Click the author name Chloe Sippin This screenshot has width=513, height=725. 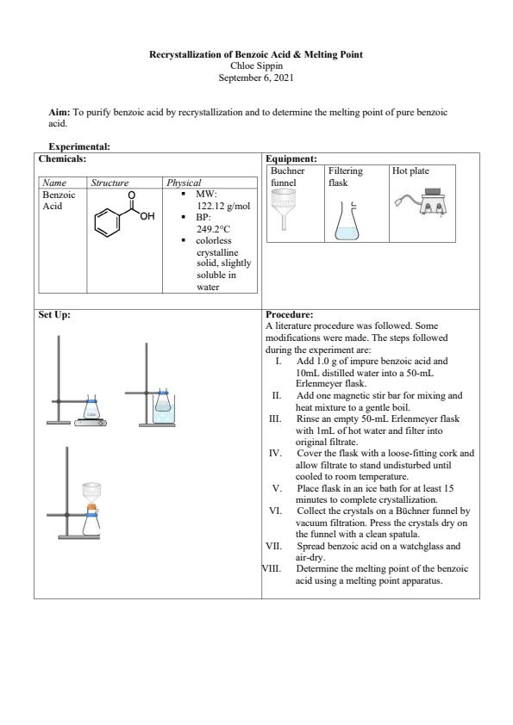click(256, 65)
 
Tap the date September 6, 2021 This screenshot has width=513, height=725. click(256, 77)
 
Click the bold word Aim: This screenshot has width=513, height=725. click(59, 112)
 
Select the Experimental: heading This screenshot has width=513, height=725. click(79, 146)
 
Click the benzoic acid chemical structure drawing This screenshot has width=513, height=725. click(124, 214)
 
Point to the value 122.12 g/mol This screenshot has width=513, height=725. click(223, 206)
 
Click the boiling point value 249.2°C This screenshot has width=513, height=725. click(213, 229)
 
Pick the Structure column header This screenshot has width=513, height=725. click(109, 183)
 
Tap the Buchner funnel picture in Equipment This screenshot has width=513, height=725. click(283, 209)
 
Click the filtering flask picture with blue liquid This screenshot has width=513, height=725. click(347, 221)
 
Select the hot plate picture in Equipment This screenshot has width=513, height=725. click(422, 201)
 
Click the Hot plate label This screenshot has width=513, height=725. click(410, 170)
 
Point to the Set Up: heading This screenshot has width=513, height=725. click(54, 314)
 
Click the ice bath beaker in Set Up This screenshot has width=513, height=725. click(164, 411)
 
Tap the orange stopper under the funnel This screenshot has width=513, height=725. click(91, 508)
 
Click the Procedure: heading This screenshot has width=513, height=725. click(290, 314)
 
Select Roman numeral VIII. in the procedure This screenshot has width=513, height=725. click(272, 568)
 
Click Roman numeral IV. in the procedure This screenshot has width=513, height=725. click(276, 453)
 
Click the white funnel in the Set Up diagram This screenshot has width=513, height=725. click(91, 493)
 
